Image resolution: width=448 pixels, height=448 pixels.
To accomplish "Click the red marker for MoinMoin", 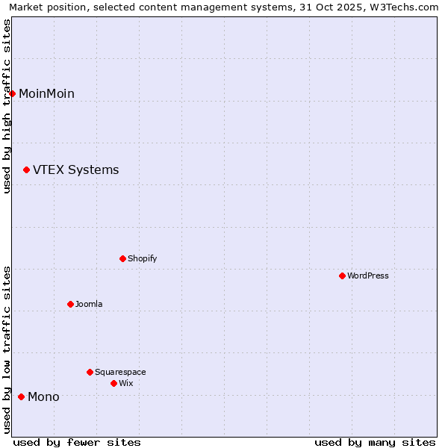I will coord(13,93).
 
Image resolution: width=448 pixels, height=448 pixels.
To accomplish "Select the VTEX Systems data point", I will coord(27,170).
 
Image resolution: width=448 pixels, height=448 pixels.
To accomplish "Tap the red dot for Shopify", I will coord(123,258).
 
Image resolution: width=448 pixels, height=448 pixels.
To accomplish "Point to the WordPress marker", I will coord(343,276).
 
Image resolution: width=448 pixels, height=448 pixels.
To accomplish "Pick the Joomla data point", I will coord(71,304).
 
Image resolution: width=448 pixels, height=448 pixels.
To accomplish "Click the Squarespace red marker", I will coord(90,372).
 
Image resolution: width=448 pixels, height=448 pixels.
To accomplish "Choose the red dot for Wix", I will coord(114,383).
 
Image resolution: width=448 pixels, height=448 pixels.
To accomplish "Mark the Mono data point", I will coord(22,396).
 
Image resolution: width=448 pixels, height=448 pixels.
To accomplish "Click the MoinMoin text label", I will coord(46,93).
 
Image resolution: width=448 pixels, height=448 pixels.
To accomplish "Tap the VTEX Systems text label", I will coord(75,170).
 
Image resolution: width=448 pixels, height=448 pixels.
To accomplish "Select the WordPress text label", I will coord(368,276).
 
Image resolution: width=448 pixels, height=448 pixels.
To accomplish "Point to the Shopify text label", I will coord(142,258).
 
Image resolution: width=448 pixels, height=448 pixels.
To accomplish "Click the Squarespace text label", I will coord(120,372).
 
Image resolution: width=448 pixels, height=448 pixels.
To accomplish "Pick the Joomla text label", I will coord(89,304).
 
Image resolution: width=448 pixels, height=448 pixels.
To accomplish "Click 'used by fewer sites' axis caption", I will coord(77,442).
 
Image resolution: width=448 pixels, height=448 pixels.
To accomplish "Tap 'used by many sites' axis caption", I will coord(375,442).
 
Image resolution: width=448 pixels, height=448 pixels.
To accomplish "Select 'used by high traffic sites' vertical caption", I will coord(7,106).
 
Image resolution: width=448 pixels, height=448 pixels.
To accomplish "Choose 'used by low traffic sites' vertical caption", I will coord(7,349).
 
